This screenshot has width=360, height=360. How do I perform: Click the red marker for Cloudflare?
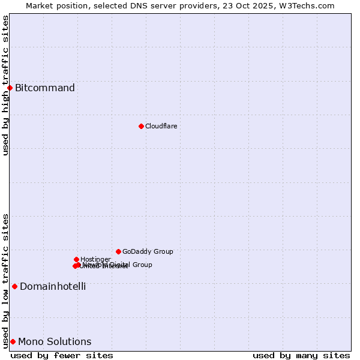[141, 126]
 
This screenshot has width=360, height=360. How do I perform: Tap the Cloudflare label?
[161, 126]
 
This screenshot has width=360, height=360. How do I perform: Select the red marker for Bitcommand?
[10, 88]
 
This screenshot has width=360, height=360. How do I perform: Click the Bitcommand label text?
[45, 88]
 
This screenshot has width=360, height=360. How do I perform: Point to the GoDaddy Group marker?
[118, 251]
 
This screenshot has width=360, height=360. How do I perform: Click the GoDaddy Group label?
[148, 252]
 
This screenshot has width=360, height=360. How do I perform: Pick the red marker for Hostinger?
[76, 259]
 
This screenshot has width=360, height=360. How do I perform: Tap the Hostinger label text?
[95, 259]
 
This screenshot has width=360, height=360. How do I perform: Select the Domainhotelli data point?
[14, 286]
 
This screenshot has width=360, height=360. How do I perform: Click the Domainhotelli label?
[53, 287]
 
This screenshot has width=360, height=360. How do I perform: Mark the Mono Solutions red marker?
[13, 341]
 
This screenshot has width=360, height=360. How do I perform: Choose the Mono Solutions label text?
[55, 342]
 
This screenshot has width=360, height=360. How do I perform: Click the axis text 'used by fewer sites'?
[62, 355]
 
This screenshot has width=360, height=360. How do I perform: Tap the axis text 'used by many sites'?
[301, 355]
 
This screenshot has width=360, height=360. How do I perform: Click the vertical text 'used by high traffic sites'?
[5, 85]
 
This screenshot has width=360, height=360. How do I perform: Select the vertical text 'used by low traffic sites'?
[5, 280]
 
